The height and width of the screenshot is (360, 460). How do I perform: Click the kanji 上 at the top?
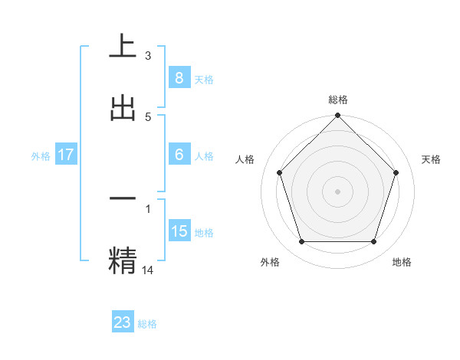click(123, 45)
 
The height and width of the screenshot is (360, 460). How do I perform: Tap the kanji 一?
click(123, 198)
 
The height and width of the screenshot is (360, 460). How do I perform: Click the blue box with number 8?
click(179, 77)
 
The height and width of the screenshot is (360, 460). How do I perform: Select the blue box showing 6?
click(179, 155)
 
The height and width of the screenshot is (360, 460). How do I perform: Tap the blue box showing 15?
click(179, 231)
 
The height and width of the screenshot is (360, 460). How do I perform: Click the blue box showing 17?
click(66, 155)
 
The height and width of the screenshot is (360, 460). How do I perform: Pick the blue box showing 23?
click(123, 322)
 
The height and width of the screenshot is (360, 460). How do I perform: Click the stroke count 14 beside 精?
click(148, 270)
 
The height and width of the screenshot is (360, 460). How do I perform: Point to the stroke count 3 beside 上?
click(148, 56)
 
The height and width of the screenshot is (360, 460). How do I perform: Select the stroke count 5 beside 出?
click(148, 117)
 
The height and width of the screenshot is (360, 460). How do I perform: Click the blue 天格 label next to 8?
click(204, 79)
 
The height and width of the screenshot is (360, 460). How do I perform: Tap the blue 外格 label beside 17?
click(41, 156)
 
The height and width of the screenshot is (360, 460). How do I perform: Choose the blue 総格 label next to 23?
click(147, 324)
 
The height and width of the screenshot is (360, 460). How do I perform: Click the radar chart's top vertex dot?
click(337, 117)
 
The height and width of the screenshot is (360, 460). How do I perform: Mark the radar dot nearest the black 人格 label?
click(279, 172)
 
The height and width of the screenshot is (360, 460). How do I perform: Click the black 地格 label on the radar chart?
click(402, 263)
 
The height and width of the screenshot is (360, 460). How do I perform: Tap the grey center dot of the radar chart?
click(337, 191)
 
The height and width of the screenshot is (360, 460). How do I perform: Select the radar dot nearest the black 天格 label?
click(396, 172)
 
